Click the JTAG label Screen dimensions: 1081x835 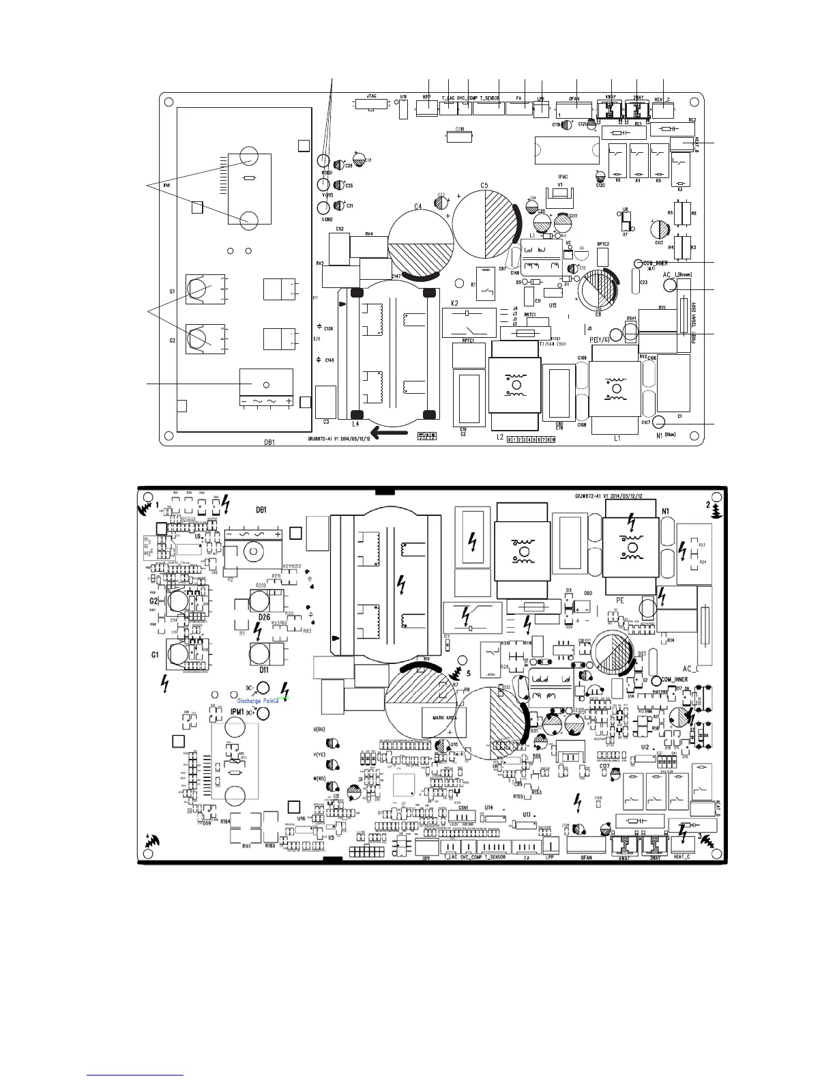pyautogui.click(x=372, y=98)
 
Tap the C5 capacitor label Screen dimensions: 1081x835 pyautogui.click(x=484, y=185)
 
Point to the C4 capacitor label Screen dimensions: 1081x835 pyautogui.click(x=417, y=206)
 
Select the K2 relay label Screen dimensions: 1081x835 pyautogui.click(x=454, y=302)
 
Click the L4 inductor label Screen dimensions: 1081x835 pyautogui.click(x=355, y=424)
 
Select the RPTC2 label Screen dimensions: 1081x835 pyautogui.click(x=603, y=244)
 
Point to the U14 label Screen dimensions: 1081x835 pyautogui.click(x=488, y=808)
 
